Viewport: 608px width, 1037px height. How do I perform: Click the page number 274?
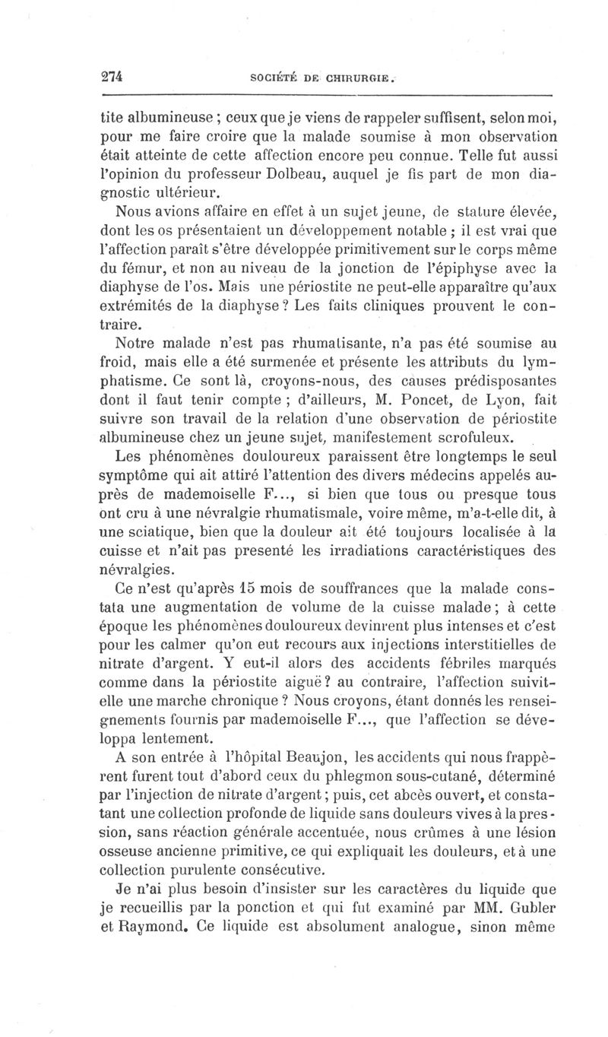tap(111, 75)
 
